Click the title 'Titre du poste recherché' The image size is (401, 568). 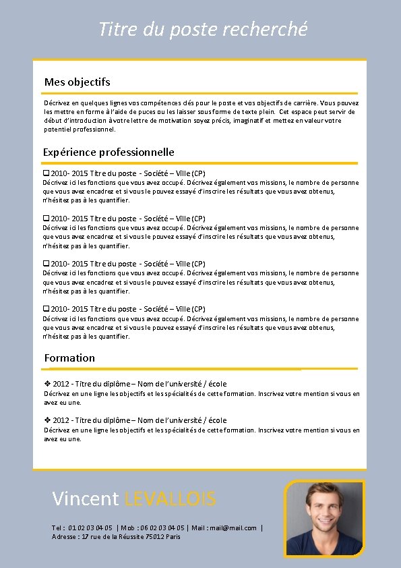tap(203, 30)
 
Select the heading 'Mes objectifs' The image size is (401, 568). tap(77, 82)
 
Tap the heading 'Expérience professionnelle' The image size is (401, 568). tap(109, 152)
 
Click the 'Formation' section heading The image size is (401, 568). tap(69, 358)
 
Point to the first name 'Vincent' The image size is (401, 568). tap(86, 499)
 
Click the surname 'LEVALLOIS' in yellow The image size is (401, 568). tap(171, 499)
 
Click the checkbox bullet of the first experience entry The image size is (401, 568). tap(46, 173)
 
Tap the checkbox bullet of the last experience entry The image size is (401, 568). tap(46, 309)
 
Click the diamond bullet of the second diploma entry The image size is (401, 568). tap(47, 420)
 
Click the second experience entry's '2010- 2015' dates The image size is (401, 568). tap(69, 219)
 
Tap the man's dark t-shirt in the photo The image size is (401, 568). tap(323, 544)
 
